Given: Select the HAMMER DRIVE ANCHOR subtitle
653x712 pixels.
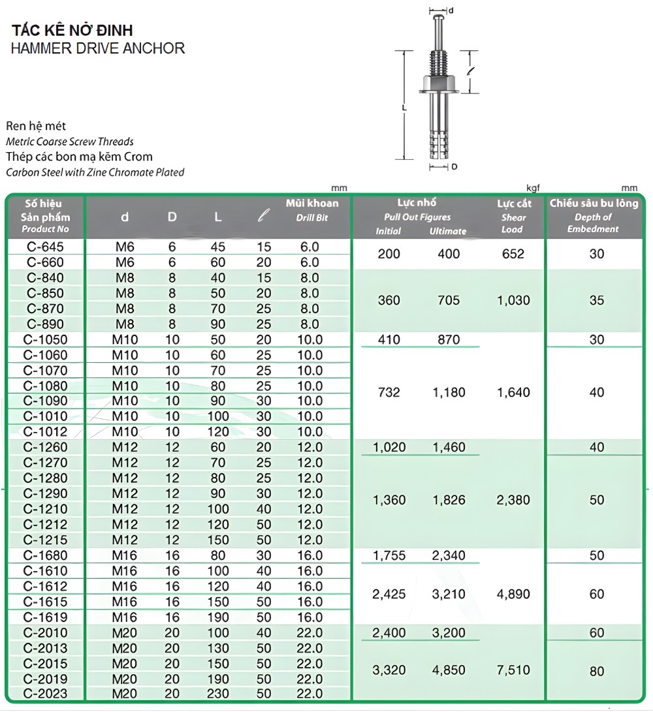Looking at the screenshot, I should coord(98,48).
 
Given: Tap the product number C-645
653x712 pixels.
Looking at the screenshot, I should coord(45,247).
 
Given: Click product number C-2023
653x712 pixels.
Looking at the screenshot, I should coord(45,694).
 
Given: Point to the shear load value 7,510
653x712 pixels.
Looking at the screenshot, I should coord(513,670).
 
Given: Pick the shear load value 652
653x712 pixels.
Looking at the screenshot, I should coord(513,254).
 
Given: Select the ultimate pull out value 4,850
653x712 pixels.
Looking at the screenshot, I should coord(449,670).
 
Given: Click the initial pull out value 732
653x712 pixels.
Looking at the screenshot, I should coord(389,392).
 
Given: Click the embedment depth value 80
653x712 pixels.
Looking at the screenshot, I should coord(596,671).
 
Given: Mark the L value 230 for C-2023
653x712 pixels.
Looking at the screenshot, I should coord(218,694).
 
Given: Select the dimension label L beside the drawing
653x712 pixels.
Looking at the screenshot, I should coord(405,107).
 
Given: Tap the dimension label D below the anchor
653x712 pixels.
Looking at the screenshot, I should coord(454,167).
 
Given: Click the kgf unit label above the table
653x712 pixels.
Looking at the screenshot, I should coord(533,188).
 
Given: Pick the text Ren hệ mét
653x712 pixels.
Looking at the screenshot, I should coord(36,126).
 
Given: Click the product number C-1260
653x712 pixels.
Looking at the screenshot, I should coord(45,447).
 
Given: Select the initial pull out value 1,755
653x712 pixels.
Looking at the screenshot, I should coord(389,555).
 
